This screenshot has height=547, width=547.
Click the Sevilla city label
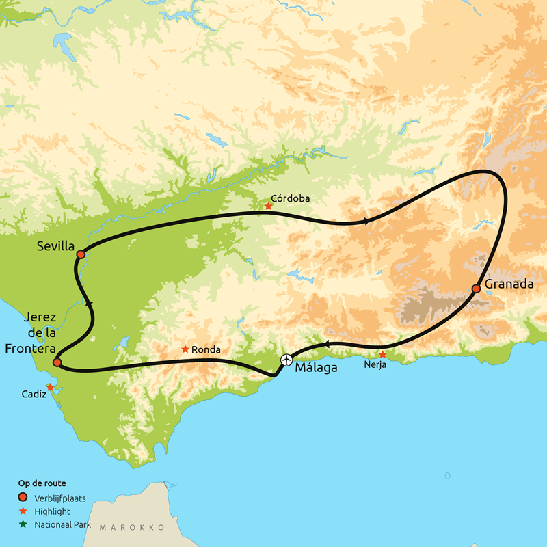56,244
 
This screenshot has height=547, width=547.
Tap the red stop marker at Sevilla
81,254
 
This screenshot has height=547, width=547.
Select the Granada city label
508,284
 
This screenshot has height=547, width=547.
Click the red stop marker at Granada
476,289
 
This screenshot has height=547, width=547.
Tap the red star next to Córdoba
268,206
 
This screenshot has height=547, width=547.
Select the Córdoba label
290,198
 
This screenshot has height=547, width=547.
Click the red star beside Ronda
185,349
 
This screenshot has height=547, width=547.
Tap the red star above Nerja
383,354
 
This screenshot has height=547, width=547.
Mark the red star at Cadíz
50,387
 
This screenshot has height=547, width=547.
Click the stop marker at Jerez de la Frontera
57,362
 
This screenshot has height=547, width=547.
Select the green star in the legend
23,524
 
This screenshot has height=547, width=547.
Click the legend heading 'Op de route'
42,483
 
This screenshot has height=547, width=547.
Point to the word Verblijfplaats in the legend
60,498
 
